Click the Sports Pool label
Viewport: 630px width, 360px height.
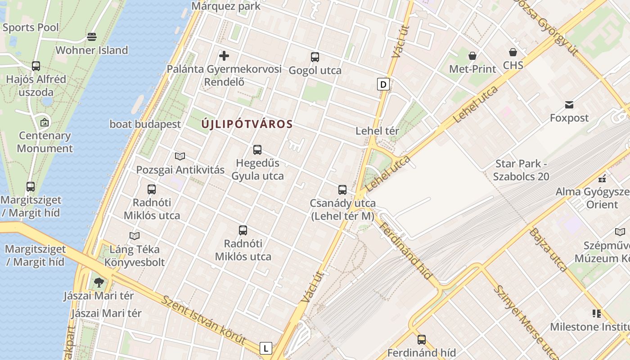[31, 27]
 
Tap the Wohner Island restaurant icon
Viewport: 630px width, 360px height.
[92, 36]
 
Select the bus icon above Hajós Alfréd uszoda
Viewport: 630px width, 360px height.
[36, 66]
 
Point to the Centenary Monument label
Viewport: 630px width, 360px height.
[45, 142]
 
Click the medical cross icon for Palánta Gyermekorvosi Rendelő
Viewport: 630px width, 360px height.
[224, 56]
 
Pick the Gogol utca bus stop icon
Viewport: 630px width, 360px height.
[315, 57]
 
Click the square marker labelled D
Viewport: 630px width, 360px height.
[383, 84]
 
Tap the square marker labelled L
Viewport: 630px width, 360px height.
[266, 348]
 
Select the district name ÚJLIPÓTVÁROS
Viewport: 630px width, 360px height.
[247, 124]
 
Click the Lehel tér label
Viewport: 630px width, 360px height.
[377, 131]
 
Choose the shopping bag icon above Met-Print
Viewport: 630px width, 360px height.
[472, 56]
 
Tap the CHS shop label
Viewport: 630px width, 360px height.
[513, 65]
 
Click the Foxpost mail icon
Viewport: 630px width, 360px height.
[569, 105]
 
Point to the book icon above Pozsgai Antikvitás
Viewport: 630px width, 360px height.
[180, 156]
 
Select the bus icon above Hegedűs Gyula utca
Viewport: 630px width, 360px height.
[257, 150]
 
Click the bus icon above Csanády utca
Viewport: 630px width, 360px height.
[342, 190]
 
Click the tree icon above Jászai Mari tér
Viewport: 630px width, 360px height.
[99, 283]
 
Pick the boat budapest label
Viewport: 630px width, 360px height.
[145, 124]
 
